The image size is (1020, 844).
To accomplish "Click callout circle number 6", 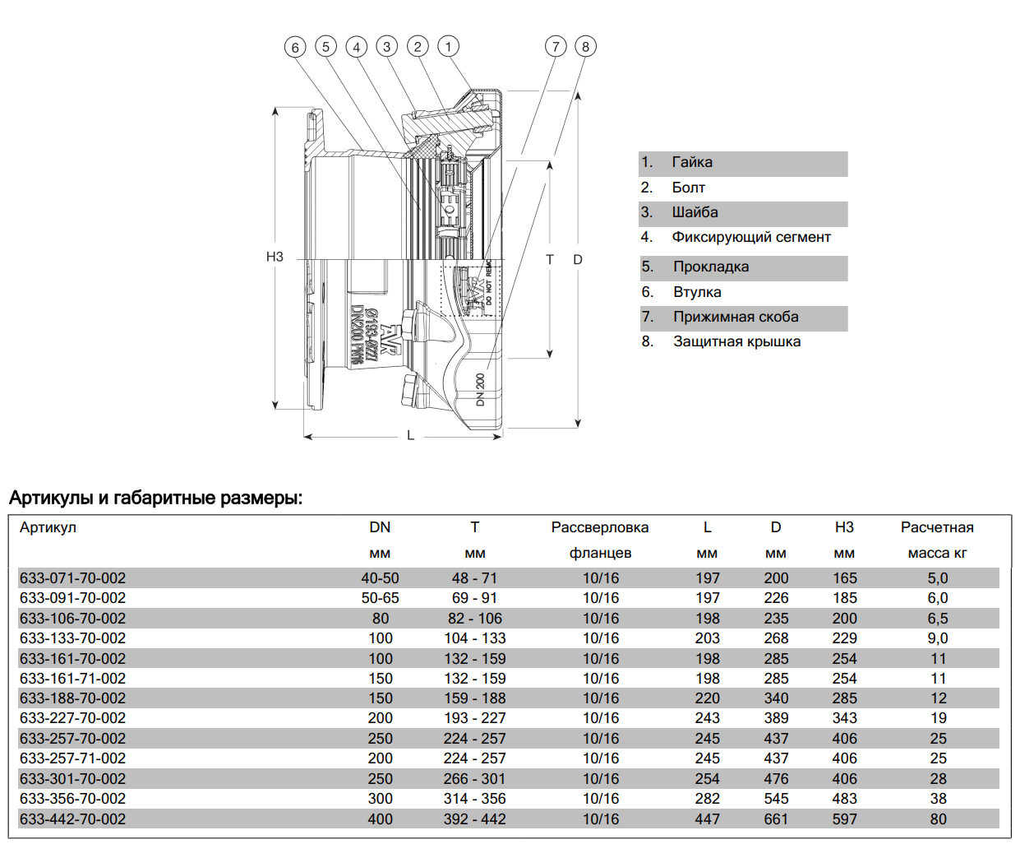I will (x=295, y=47).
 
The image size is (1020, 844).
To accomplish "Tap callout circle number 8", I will (x=586, y=46).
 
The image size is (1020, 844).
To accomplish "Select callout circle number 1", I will (x=448, y=46).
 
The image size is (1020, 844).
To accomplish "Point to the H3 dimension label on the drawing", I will (x=275, y=257).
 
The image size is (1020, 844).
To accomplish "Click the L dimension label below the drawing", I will (x=410, y=435).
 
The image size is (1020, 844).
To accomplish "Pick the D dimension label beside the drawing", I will (x=578, y=260).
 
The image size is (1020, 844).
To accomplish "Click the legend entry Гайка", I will (x=691, y=163).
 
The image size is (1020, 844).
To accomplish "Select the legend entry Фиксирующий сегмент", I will (x=750, y=238).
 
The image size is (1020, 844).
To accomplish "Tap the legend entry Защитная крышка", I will (x=736, y=342).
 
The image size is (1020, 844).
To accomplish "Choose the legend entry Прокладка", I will (x=710, y=267).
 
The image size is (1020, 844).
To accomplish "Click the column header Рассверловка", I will (x=600, y=528).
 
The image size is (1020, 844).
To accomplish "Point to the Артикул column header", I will (x=48, y=528).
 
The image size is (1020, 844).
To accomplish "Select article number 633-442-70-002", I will (x=73, y=819).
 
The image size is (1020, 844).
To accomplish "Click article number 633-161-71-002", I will (x=73, y=679).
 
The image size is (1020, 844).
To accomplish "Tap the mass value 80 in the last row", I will (x=938, y=819).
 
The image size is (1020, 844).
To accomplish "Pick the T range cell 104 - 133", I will (x=475, y=638).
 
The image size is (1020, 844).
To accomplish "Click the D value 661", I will (x=776, y=819).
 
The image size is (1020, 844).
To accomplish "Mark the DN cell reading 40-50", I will (x=380, y=578).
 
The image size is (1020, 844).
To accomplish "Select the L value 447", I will (x=707, y=819).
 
